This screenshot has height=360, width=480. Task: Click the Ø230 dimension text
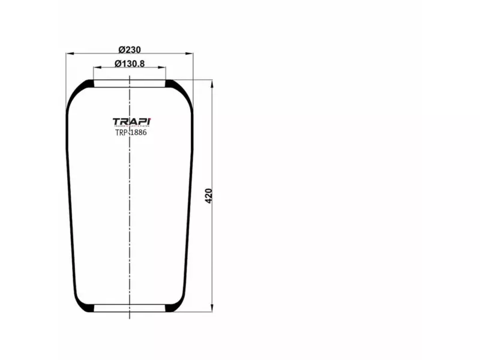tap(130, 49)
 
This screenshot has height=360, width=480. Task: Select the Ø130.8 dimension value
tap(130, 64)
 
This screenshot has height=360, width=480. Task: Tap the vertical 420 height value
tap(209, 196)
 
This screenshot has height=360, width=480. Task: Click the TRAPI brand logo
tap(131, 122)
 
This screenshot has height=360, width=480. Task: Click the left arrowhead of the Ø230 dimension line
tap(68, 54)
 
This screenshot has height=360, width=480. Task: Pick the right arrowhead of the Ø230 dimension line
tap(190, 54)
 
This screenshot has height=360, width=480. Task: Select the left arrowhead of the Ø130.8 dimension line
tap(96, 68)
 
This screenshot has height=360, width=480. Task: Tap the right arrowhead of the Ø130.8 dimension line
tap(163, 68)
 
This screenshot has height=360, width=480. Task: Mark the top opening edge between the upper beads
tap(130, 80)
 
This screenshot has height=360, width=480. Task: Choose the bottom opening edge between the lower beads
tap(130, 312)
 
